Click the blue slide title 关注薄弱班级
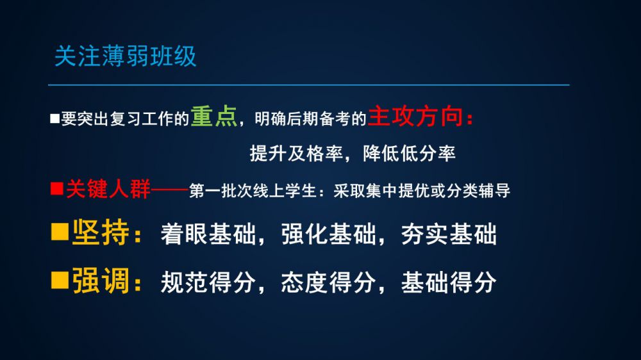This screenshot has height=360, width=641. [126, 56]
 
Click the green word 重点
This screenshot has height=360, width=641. [214, 117]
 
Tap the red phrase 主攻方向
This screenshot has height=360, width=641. [415, 117]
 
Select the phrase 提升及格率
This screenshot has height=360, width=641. [296, 154]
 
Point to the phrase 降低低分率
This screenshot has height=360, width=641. [409, 154]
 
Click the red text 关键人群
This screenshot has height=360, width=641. [108, 189]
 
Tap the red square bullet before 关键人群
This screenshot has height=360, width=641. [57, 189]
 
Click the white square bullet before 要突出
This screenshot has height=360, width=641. [54, 119]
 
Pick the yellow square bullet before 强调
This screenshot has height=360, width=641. [60, 281]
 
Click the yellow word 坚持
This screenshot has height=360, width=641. [101, 233]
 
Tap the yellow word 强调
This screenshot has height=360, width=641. [101, 281]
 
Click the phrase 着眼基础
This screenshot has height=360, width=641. [208, 234]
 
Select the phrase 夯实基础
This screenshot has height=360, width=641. [449, 234]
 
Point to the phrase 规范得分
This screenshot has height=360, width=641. [208, 282]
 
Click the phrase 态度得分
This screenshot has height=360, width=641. [328, 282]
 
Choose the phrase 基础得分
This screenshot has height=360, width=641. [449, 282]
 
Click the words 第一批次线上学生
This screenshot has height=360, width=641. [253, 191]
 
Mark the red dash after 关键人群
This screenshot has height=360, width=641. [169, 190]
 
